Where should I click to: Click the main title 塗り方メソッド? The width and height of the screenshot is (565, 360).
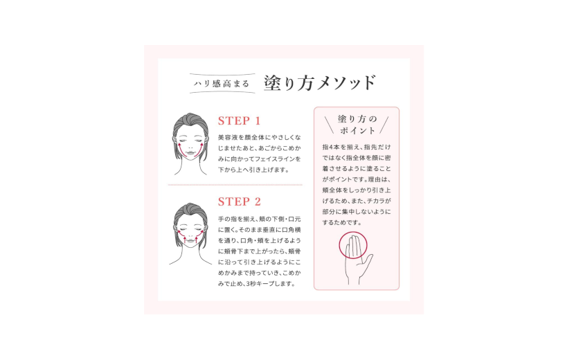coord(319,83)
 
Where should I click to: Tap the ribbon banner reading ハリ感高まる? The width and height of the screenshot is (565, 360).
coord(219,84)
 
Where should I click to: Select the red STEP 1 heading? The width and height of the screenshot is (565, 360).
coord(239,120)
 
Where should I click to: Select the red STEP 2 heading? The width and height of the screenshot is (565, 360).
coord(239,202)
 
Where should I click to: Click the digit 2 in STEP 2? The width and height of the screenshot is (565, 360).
coord(257,202)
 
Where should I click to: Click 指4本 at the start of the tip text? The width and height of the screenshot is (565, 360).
coord(332,147)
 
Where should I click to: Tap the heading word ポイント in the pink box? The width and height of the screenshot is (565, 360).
coord(357,130)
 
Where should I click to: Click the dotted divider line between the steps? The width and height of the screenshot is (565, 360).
coord(235,185)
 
